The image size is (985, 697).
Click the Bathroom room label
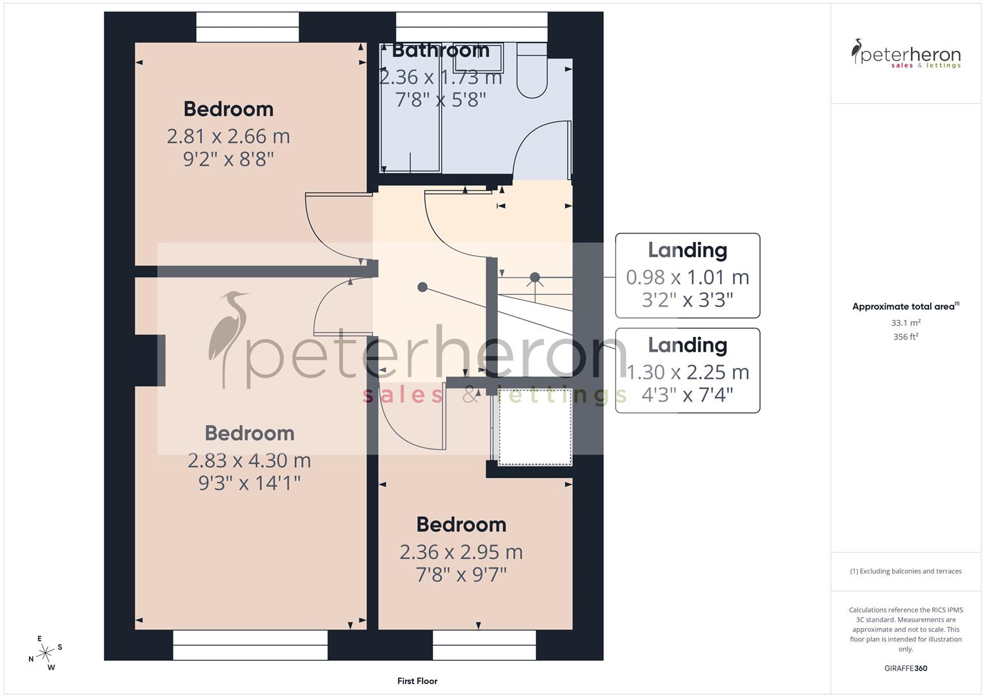(x=441, y=50)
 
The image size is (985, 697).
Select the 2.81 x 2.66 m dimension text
(x=228, y=136)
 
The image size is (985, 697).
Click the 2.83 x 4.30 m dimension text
(x=249, y=460)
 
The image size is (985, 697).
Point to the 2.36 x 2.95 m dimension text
(x=461, y=552)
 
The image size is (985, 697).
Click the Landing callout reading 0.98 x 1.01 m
(x=688, y=276)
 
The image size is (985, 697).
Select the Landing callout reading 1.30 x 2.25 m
(x=688, y=370)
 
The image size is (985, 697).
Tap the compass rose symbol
(x=45, y=653)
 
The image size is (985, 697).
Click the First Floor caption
(x=417, y=681)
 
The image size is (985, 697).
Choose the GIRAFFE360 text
(x=906, y=668)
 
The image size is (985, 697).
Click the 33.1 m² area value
(x=906, y=323)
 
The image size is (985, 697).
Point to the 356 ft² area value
(x=906, y=337)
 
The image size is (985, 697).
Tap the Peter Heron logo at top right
(x=906, y=54)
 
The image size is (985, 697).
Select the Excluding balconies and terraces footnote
(x=906, y=571)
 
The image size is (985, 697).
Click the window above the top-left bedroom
(x=248, y=27)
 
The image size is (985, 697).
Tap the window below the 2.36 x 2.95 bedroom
(x=484, y=645)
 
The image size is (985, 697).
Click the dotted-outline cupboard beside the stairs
(x=535, y=426)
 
